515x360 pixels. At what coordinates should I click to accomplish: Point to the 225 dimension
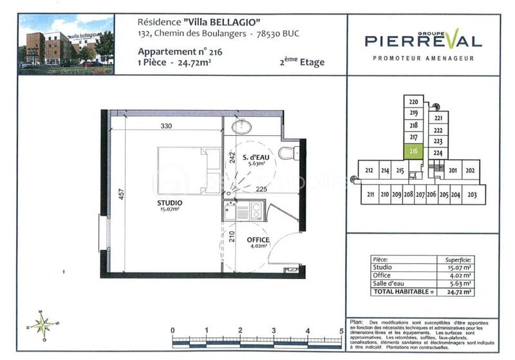(x=261, y=190)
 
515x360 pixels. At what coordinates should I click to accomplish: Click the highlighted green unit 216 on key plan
(x=414, y=151)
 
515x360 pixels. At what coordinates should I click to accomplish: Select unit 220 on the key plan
(x=414, y=102)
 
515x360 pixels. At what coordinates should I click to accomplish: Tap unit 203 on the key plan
(x=472, y=194)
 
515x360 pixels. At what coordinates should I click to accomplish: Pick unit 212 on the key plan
(x=369, y=171)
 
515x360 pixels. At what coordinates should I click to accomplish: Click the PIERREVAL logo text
(x=423, y=41)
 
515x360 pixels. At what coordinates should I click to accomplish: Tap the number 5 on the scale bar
(x=341, y=331)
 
